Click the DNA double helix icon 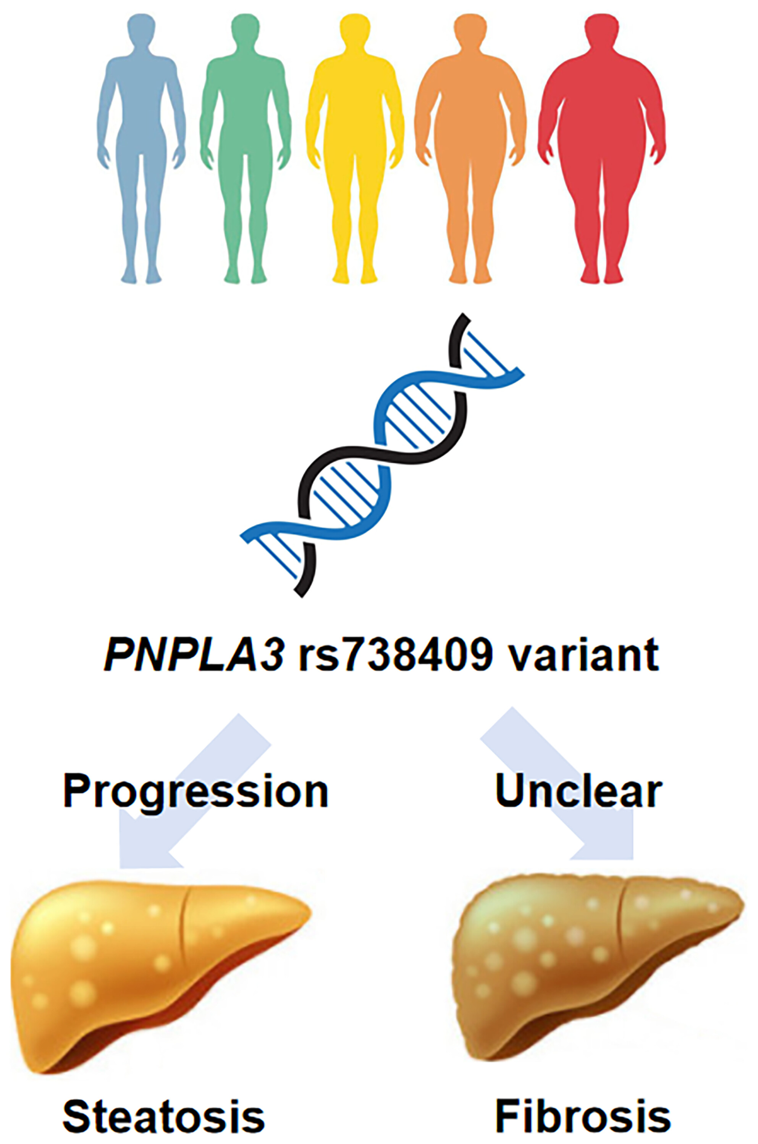[382, 454]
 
